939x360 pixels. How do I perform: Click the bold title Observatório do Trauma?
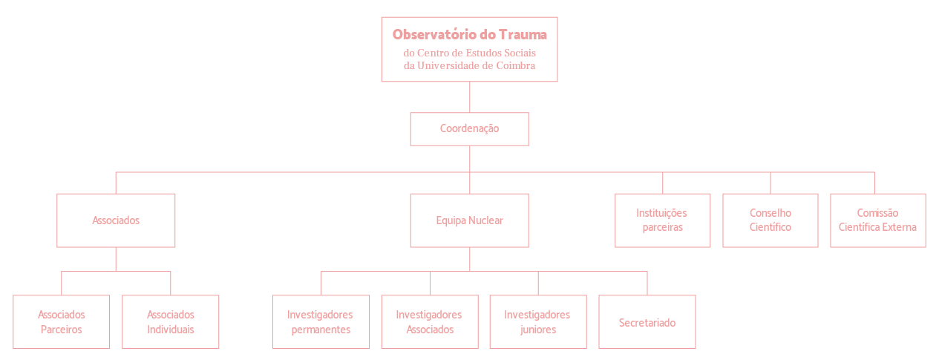(x=469, y=34)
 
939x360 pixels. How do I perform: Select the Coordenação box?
(x=469, y=129)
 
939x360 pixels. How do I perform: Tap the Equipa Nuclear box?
(x=469, y=220)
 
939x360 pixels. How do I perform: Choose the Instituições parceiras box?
(x=662, y=220)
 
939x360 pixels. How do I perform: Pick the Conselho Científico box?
(x=770, y=220)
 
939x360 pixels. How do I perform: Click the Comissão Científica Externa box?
(x=878, y=220)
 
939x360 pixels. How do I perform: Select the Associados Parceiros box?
(x=61, y=322)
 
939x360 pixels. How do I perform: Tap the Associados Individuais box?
(x=170, y=322)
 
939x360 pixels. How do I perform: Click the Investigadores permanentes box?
(x=321, y=322)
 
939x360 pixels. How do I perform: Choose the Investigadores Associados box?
(x=430, y=322)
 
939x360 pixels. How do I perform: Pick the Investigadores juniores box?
(x=538, y=322)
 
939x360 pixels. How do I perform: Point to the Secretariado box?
(x=647, y=322)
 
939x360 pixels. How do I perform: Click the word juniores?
(x=538, y=330)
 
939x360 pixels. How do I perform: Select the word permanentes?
(x=321, y=330)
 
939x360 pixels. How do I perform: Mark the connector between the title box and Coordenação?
(x=469, y=96)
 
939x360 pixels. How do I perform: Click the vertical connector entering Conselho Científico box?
(x=770, y=183)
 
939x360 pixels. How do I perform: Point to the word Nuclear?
(x=486, y=220)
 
